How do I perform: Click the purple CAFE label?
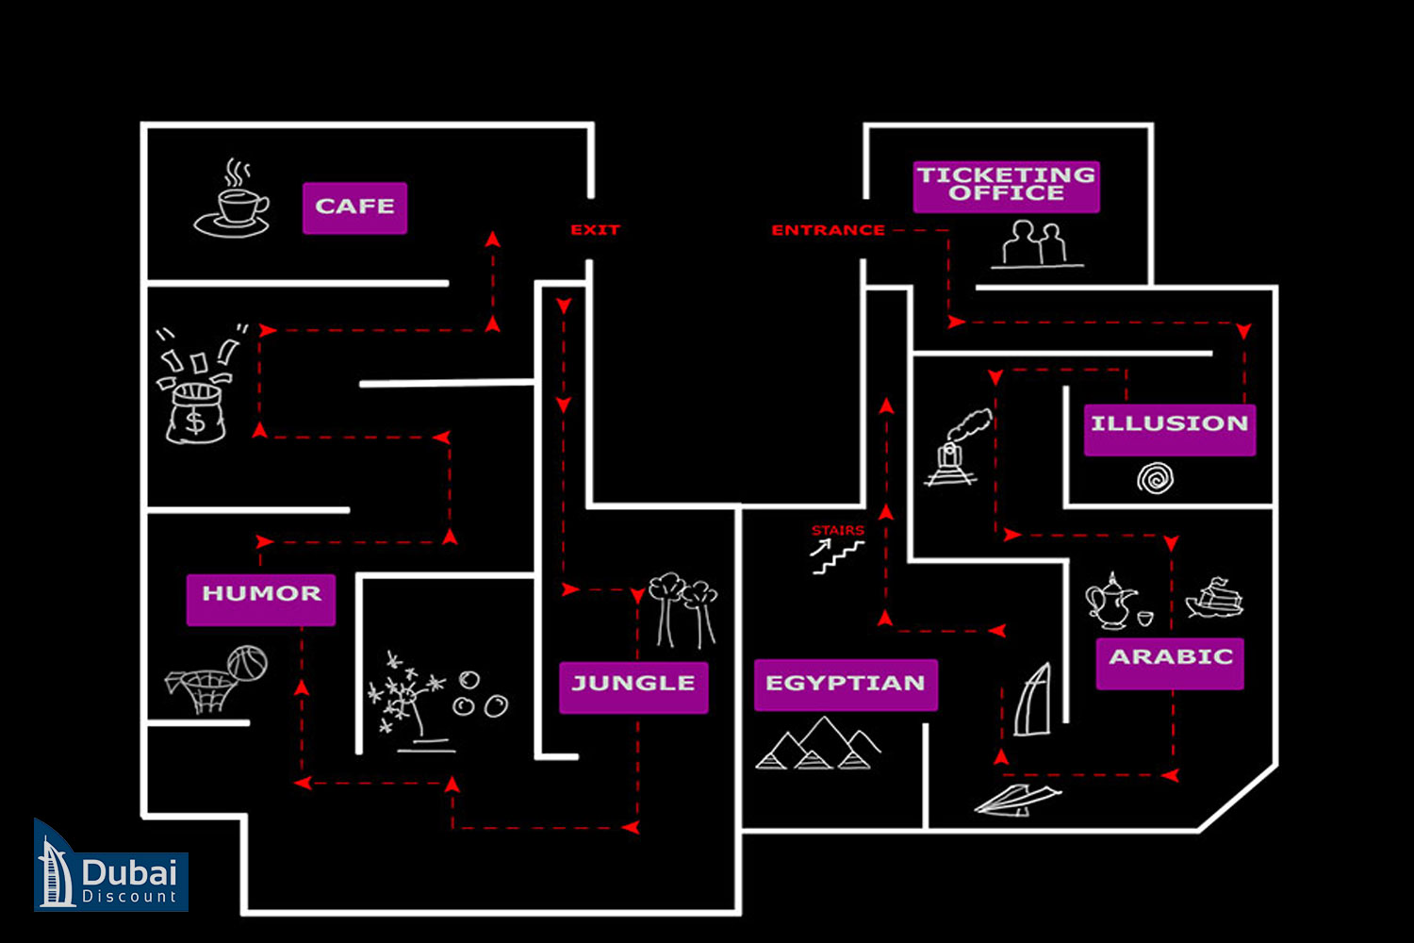354,207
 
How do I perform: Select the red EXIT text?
595,230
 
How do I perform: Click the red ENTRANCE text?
828,230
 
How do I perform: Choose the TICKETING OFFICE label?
1006,186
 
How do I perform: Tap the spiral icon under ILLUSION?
1156,479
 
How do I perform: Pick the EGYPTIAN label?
846,685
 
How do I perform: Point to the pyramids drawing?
817,746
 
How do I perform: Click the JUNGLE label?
633,687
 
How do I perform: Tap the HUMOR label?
261,598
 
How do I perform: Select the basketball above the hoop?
247,663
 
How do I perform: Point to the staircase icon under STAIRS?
836,557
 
